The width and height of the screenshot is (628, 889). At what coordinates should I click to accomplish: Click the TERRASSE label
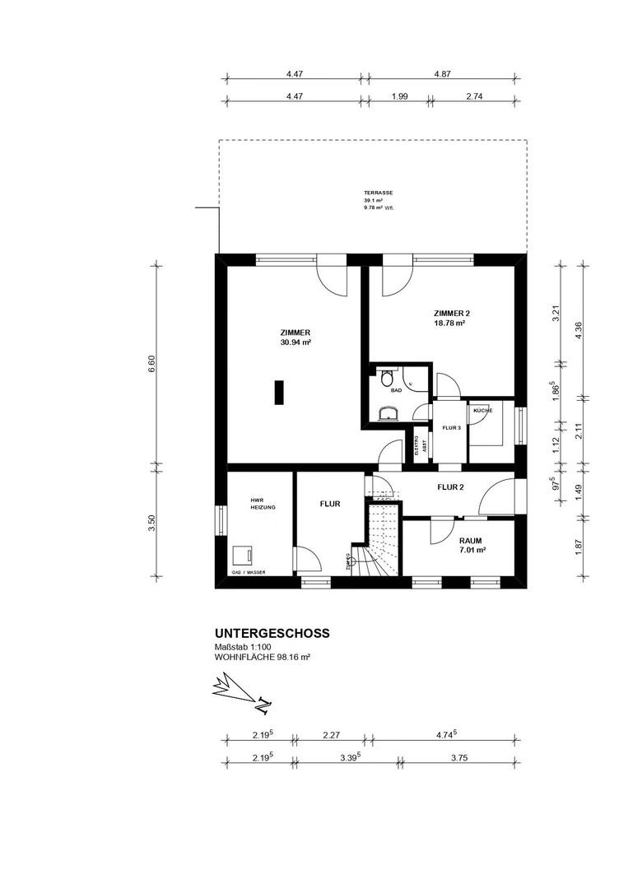point(378,193)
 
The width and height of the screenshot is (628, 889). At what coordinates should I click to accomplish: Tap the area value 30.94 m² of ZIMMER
point(294,342)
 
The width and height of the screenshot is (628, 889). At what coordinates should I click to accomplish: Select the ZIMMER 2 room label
point(450,314)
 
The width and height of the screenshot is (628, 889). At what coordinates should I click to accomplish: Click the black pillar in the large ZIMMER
point(280,392)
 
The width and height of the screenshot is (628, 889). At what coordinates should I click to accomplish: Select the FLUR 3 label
point(451,428)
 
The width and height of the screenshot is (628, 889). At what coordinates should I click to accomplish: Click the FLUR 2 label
point(450,487)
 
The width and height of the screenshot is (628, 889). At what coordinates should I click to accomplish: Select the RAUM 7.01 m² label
point(472,545)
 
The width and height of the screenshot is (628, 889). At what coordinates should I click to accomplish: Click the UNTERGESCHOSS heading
point(272,633)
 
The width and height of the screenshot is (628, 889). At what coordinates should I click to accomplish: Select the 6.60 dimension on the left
point(151,364)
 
